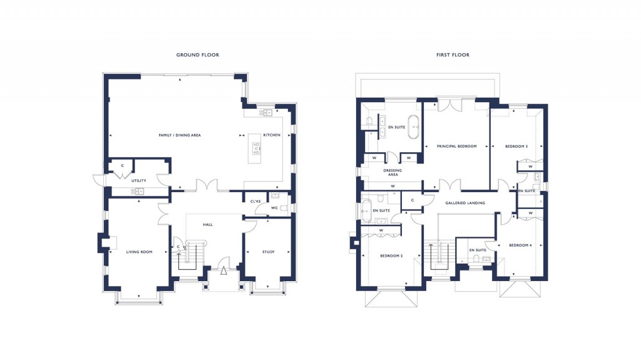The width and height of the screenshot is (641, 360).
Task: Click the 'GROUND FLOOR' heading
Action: point(197,55)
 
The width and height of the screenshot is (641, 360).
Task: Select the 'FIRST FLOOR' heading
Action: point(453,55)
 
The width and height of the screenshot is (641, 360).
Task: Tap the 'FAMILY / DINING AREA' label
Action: point(179,135)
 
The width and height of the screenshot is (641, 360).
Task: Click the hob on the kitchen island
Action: point(257,148)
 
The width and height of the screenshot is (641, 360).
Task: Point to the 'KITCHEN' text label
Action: point(272,135)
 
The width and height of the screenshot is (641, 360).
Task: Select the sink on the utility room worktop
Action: point(138,192)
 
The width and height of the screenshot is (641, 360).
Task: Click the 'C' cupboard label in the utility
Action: point(122,166)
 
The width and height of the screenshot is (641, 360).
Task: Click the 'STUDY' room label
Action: point(268,252)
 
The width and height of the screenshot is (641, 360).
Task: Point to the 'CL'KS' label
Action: point(255,201)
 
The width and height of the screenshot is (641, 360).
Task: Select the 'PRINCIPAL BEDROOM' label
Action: point(456,147)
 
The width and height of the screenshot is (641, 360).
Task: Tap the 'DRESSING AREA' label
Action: point(392,172)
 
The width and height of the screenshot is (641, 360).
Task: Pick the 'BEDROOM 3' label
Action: point(516,147)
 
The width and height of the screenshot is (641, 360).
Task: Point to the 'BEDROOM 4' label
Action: point(520,245)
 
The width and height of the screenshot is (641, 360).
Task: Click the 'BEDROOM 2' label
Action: point(391,256)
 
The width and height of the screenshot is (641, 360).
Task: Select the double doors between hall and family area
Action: point(207,186)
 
